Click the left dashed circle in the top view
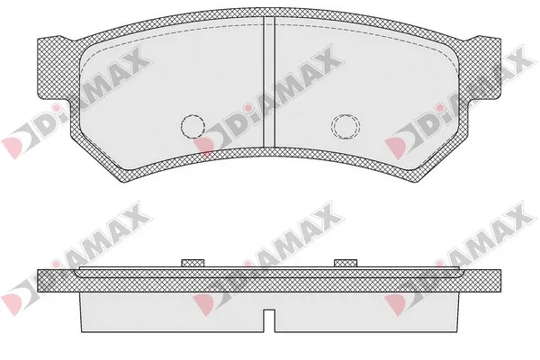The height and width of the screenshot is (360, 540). [181, 126]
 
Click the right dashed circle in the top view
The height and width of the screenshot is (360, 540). [332, 126]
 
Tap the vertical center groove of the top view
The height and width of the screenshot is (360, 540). [269, 82]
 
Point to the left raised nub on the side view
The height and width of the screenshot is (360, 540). [193, 263]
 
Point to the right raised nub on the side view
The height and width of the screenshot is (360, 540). [346, 263]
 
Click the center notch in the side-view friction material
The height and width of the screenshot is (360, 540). [269, 320]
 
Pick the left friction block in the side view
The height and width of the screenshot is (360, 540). [172, 312]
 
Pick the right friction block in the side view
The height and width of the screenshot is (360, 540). [367, 312]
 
